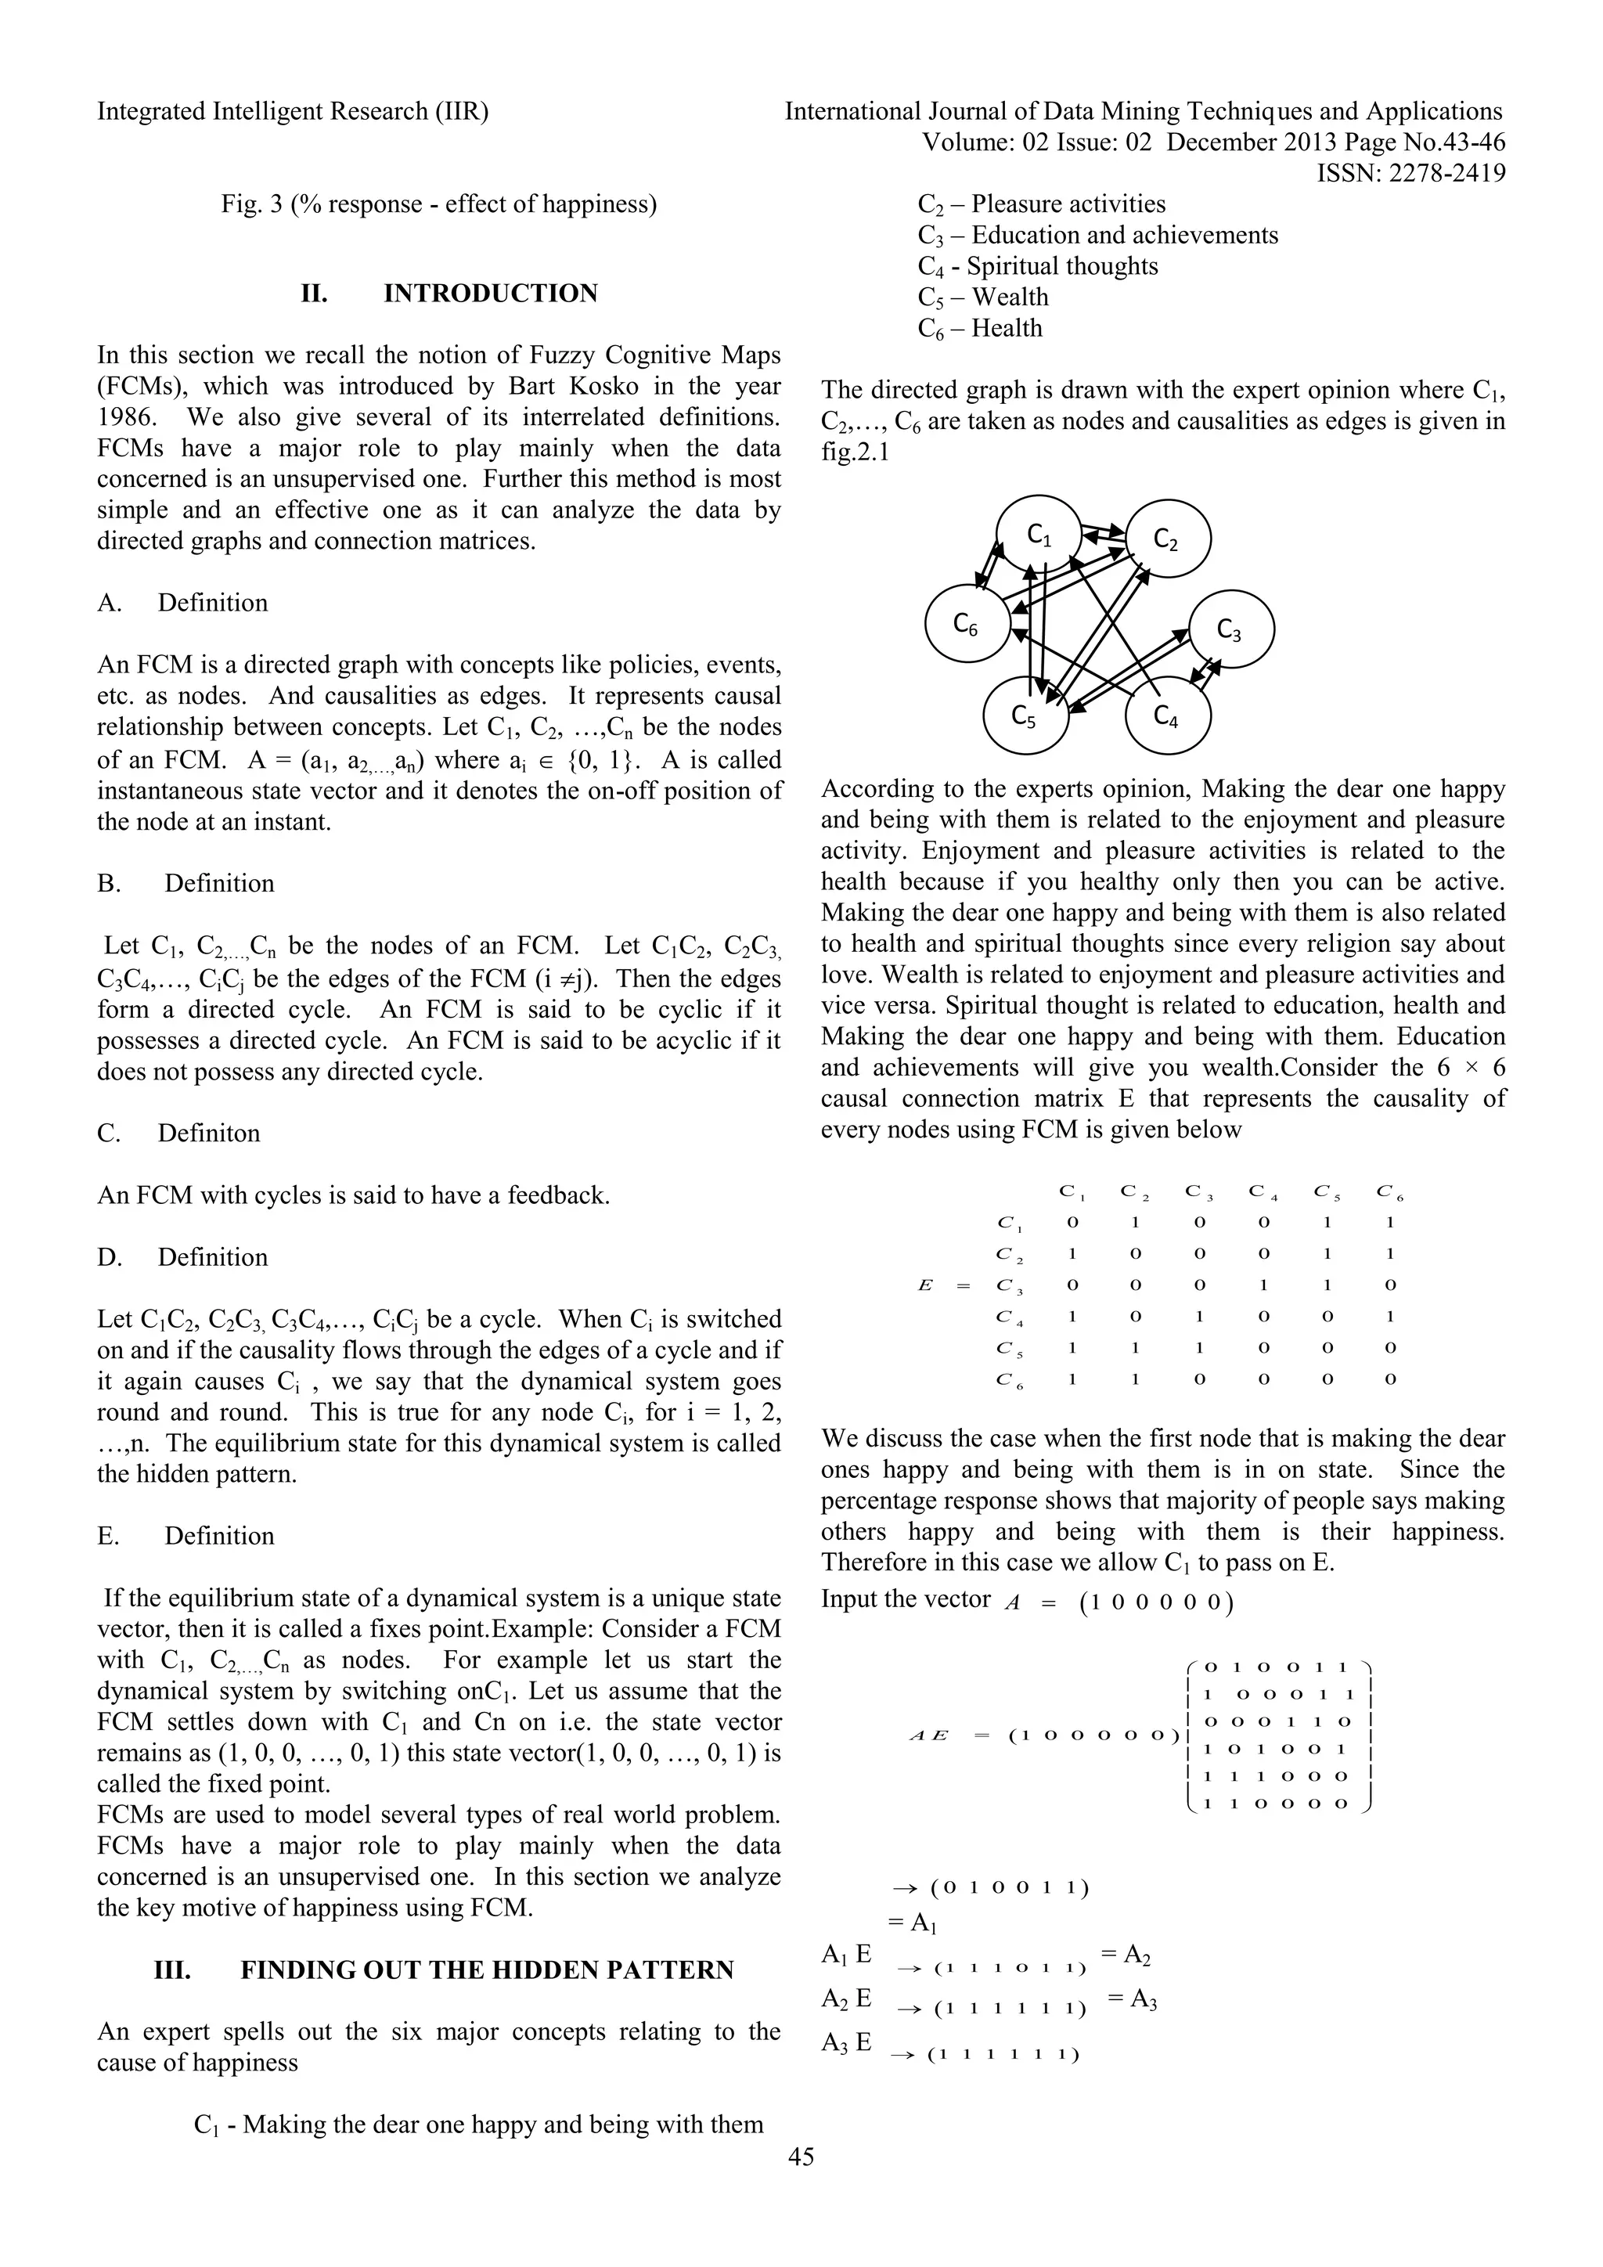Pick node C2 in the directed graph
pyautogui.click(x=1168, y=539)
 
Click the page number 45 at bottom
pyautogui.click(x=801, y=2183)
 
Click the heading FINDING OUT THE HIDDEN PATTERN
pyautogui.click(x=487, y=1969)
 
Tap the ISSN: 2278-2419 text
pyautogui.click(x=1410, y=174)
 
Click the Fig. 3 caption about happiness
pyautogui.click(x=438, y=204)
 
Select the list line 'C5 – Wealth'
pyautogui.click(x=983, y=297)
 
